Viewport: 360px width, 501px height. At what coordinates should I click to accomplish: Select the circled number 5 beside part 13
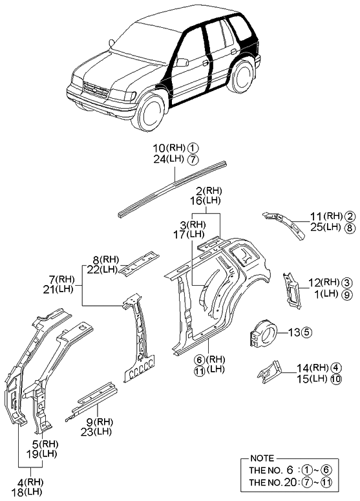(x=306, y=333)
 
